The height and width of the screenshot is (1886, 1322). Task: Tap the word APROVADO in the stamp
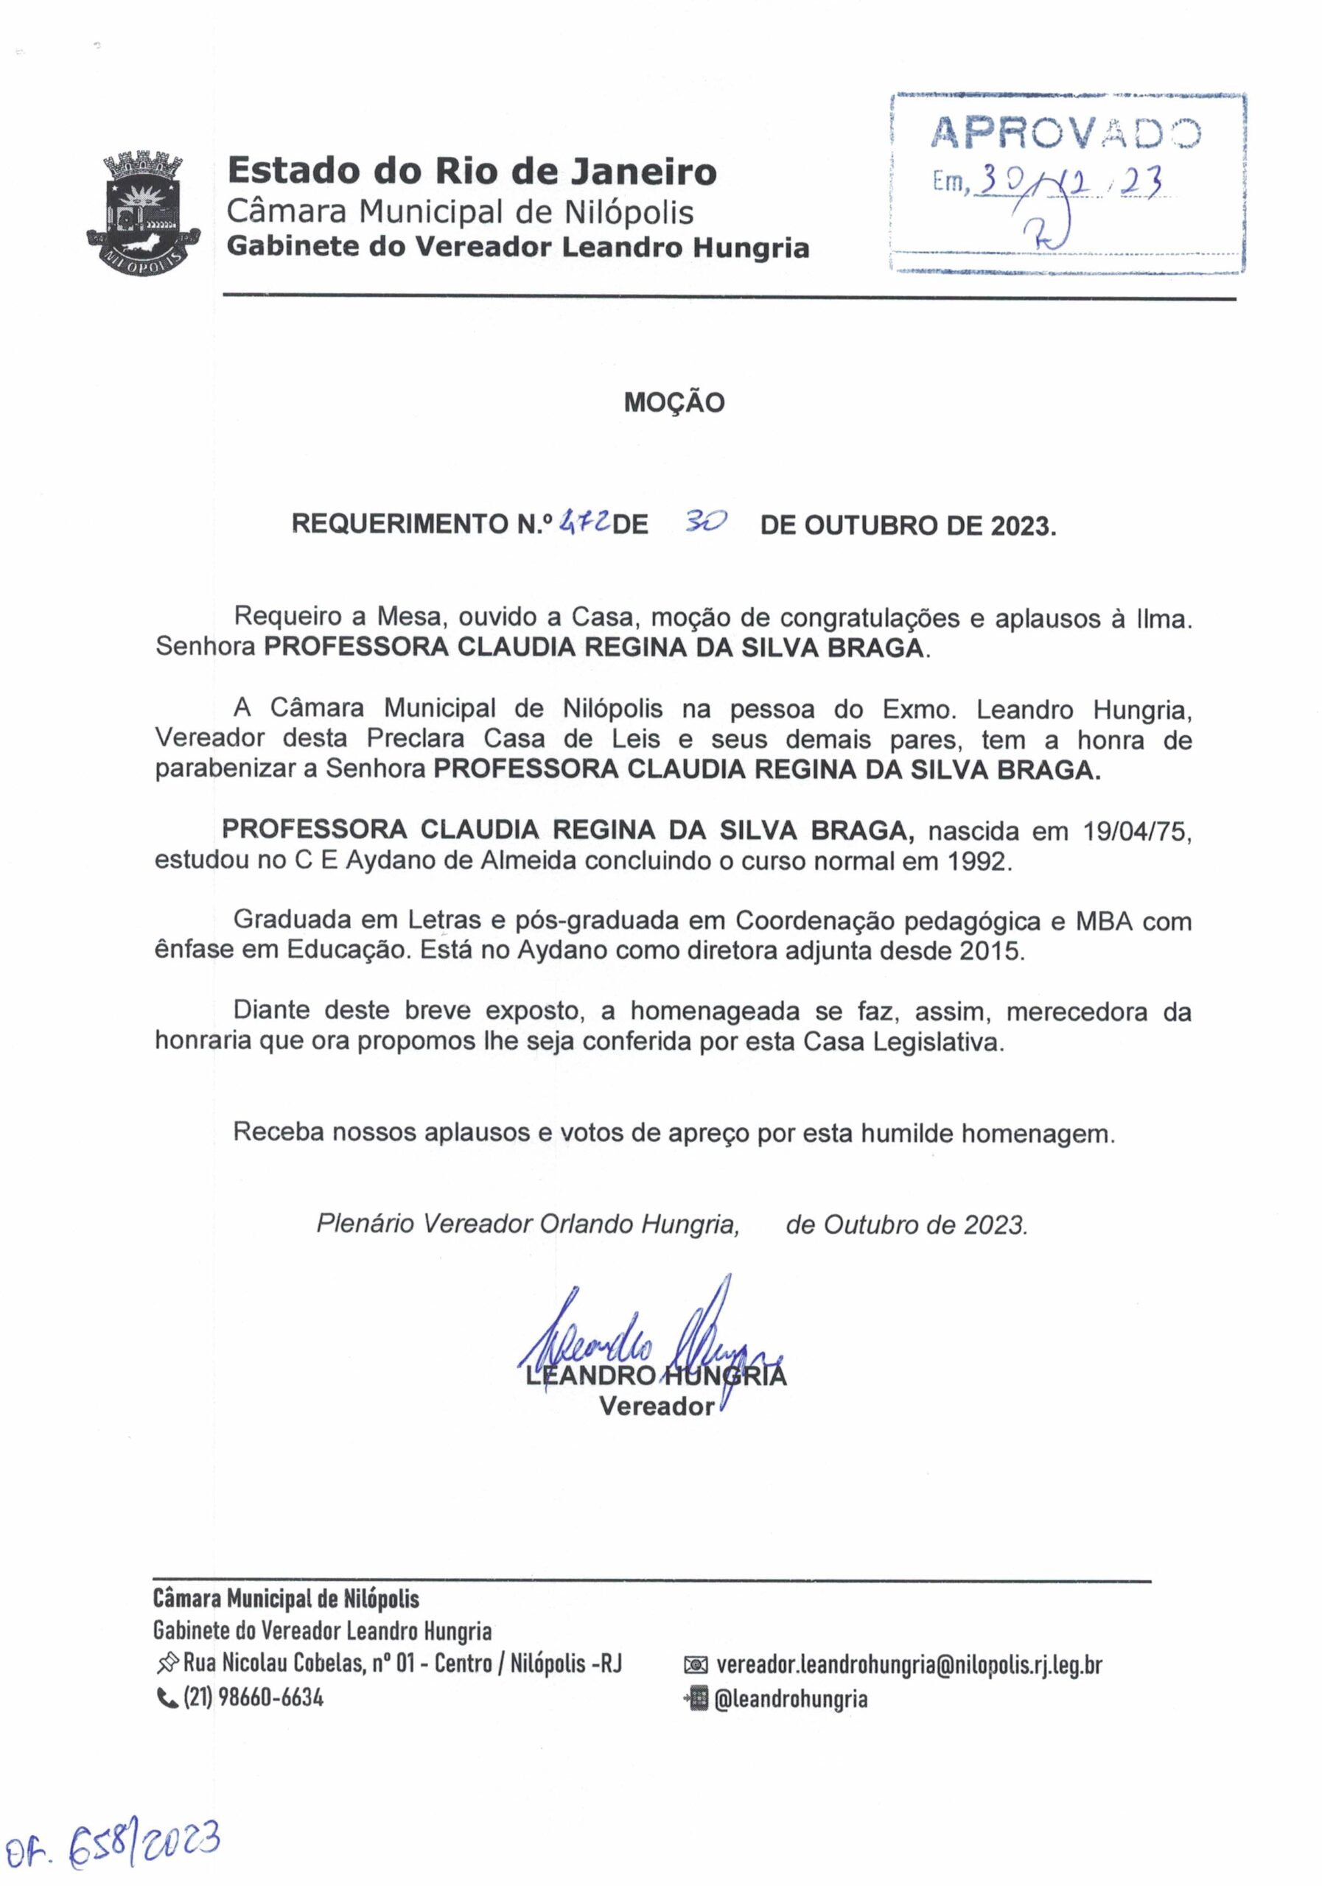[1065, 133]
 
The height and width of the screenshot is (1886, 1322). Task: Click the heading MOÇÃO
[674, 402]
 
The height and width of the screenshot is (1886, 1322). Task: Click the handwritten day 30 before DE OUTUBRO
[705, 521]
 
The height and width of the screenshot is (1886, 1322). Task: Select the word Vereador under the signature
[657, 1407]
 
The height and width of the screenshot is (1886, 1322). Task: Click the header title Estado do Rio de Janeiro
[472, 172]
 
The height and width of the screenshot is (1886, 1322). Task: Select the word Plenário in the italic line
[367, 1224]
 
